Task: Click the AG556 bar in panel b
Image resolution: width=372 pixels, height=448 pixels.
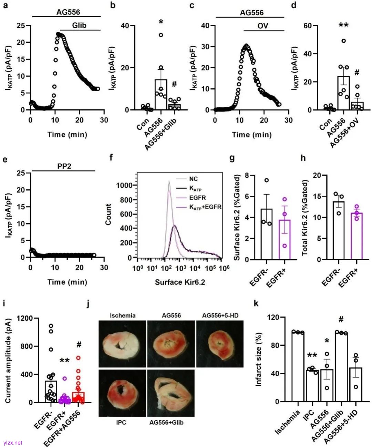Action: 161,95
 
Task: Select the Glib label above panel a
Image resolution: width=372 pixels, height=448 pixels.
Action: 79,26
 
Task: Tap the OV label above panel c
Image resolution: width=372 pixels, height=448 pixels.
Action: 263,26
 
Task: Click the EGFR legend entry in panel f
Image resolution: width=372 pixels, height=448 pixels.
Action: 197,198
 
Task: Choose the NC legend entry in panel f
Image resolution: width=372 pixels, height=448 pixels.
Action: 193,179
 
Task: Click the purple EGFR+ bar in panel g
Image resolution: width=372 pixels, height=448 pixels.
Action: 284,239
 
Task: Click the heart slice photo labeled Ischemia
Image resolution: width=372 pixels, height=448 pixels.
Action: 122,344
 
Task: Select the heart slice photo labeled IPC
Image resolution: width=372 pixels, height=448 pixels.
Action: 122,393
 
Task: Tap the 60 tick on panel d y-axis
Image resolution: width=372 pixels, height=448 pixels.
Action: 308,26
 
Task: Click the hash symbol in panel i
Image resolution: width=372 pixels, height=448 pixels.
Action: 79,344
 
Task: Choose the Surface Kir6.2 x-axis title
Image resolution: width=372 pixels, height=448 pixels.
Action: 180,282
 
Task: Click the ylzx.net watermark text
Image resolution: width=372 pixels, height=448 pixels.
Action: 12,442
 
